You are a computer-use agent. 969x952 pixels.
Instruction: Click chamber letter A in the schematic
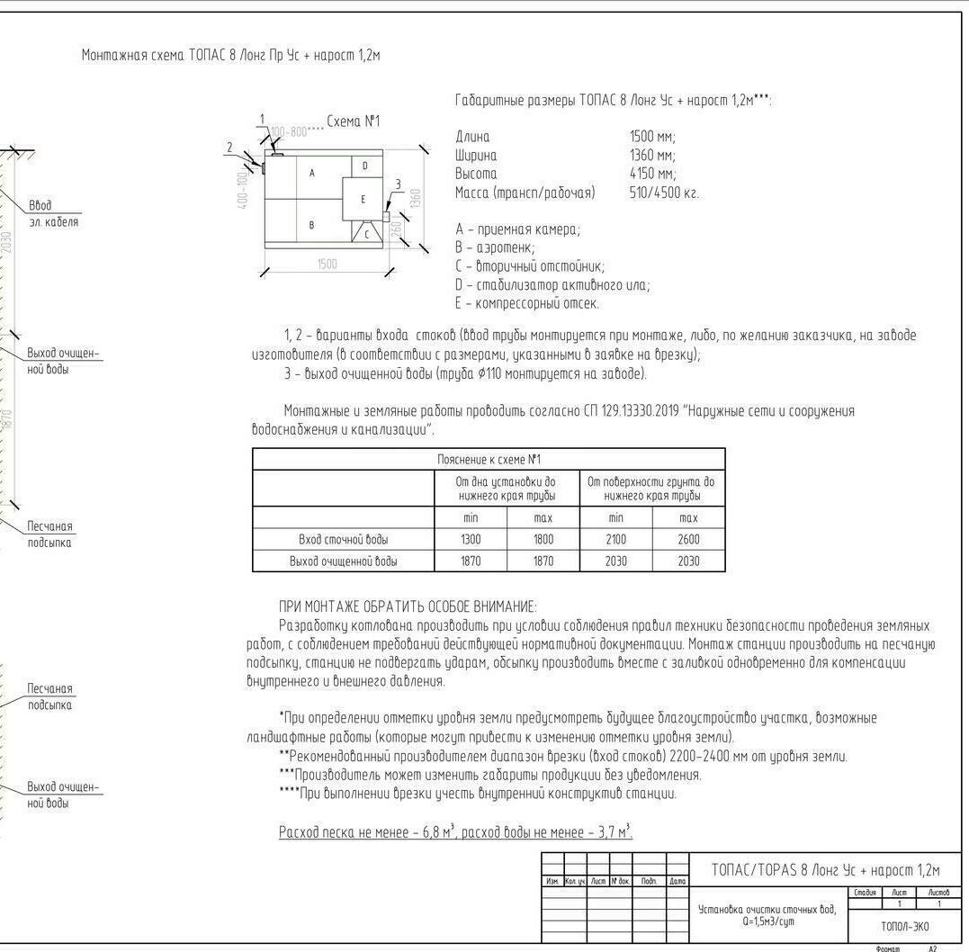pyautogui.click(x=312, y=173)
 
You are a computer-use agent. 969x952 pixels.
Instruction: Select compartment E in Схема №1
pyautogui.click(x=363, y=199)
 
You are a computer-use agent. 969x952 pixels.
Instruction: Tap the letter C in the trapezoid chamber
pyautogui.click(x=367, y=233)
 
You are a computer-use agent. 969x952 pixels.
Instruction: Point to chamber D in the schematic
pyautogui.click(x=364, y=166)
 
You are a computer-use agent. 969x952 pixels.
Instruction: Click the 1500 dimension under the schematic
pyautogui.click(x=327, y=264)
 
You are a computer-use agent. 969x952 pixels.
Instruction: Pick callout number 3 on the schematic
pyautogui.click(x=398, y=185)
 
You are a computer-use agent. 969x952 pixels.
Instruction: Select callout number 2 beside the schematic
pyautogui.click(x=229, y=148)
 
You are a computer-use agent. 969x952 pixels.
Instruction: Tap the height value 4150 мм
pyautogui.click(x=652, y=174)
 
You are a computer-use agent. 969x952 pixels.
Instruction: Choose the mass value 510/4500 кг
pyautogui.click(x=664, y=193)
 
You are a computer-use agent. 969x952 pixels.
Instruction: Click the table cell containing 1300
pyautogui.click(x=471, y=540)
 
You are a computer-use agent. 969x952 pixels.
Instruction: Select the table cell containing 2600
pyautogui.click(x=688, y=540)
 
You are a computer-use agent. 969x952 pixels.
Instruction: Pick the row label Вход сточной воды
pyautogui.click(x=344, y=540)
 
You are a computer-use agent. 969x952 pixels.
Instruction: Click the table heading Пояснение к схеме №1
pyautogui.click(x=489, y=459)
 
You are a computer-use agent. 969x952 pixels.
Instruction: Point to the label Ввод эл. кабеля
pyautogui.click(x=53, y=214)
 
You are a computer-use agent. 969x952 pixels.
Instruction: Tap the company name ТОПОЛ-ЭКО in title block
pyautogui.click(x=904, y=926)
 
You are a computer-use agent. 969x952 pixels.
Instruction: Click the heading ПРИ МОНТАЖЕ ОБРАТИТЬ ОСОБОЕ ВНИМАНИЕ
pyautogui.click(x=408, y=606)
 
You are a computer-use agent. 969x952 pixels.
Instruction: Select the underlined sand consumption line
pyautogui.click(x=455, y=832)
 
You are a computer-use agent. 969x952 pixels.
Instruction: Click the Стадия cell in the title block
pyautogui.click(x=866, y=892)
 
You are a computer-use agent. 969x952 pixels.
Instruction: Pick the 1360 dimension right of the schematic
pyautogui.click(x=415, y=198)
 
